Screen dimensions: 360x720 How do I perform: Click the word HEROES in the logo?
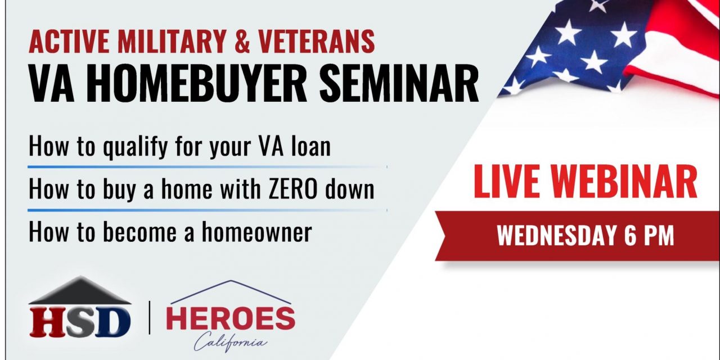[x=231, y=319]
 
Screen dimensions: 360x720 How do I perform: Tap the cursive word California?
[x=231, y=342]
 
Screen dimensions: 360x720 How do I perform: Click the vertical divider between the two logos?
[x=149, y=318]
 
